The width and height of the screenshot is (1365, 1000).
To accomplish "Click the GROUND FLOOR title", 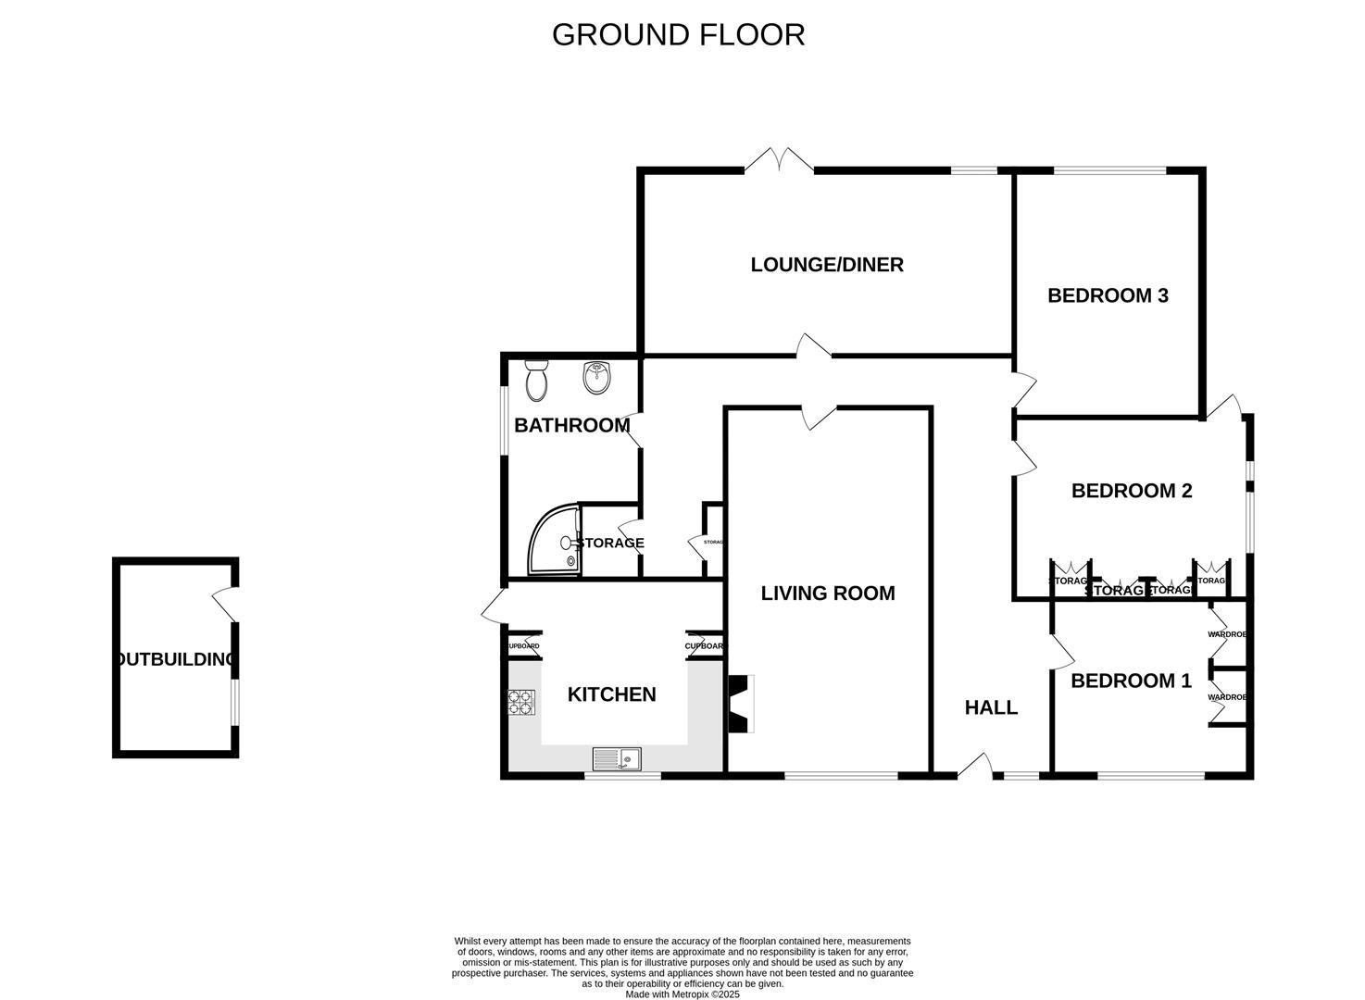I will click(x=678, y=34).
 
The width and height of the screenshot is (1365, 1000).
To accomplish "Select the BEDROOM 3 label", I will click(x=1108, y=295).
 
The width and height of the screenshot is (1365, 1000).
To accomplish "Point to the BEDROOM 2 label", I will click(x=1131, y=491).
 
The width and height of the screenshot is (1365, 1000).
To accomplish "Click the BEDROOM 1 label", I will click(x=1131, y=681).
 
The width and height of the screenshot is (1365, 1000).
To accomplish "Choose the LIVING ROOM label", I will click(x=827, y=594).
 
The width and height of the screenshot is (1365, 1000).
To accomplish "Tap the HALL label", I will click(x=991, y=707).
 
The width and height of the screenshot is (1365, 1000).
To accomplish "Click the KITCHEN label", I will click(x=611, y=694).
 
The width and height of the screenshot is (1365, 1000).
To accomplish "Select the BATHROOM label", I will click(x=571, y=426).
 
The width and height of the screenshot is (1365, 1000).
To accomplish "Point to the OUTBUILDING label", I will click(x=176, y=659).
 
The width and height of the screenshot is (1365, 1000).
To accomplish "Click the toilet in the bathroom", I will click(x=536, y=381).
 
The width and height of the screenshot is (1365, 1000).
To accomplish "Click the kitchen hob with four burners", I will click(x=521, y=703).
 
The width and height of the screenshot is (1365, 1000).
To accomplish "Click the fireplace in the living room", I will click(x=740, y=704).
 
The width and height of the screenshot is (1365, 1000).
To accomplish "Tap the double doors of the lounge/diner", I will click(x=779, y=161).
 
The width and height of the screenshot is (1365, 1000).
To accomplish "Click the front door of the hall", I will click(x=974, y=765).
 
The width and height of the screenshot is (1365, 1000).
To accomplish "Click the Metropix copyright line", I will click(x=682, y=994).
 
